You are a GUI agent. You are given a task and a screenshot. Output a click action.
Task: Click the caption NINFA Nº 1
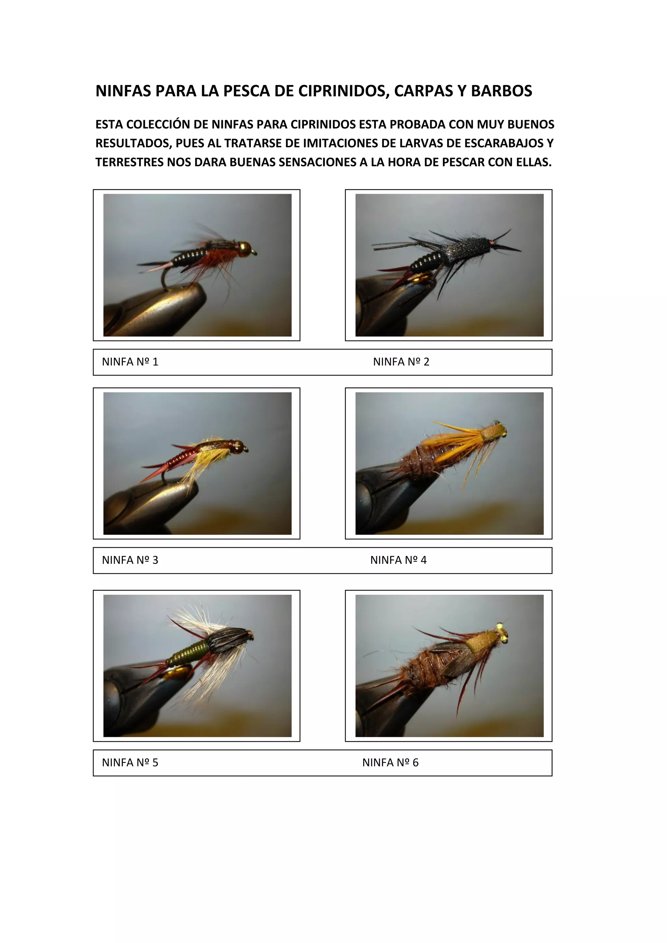[130, 362]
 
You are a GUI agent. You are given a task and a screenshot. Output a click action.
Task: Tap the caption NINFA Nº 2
[401, 362]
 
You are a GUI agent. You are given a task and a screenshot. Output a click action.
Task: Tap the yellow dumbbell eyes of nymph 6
[502, 632]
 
